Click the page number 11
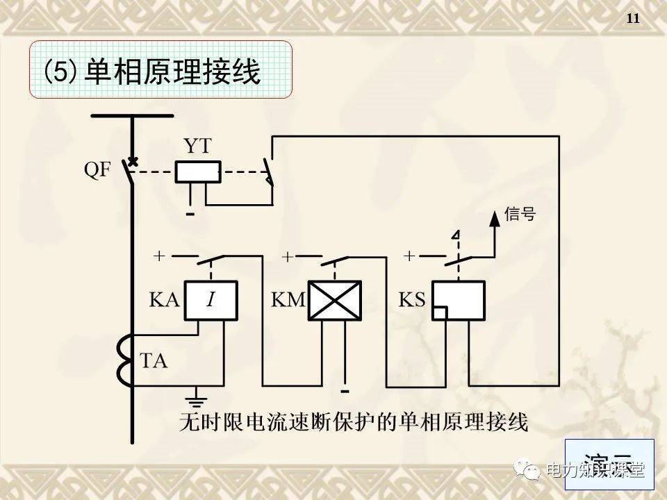click(632, 19)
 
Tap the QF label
click(98, 171)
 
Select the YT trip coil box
click(197, 172)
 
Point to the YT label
click(197, 146)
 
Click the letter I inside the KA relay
click(211, 301)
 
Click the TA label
click(154, 362)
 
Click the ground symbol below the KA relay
click(197, 399)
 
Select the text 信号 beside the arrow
click(520, 215)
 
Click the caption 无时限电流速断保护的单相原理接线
click(354, 422)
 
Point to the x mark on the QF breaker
click(131, 161)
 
